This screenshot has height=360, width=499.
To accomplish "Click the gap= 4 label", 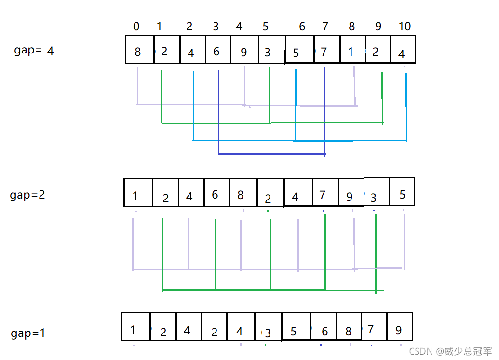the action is (x=34, y=51).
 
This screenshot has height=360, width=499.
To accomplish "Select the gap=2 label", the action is (x=27, y=195).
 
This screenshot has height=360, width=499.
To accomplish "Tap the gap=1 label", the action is (x=27, y=333).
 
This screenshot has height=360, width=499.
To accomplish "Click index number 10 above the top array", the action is (x=405, y=26).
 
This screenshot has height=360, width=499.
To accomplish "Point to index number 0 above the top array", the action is (x=136, y=26).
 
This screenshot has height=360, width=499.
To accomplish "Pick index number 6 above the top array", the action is (x=302, y=26).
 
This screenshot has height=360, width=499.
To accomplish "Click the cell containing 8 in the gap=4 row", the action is (x=140, y=50).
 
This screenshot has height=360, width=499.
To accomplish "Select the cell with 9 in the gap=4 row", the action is (x=244, y=50).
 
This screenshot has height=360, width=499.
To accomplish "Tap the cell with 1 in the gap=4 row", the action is (x=352, y=49).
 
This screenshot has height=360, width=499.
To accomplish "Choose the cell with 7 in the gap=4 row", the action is (x=327, y=49).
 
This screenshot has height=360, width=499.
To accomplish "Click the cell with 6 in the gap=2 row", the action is (x=216, y=192).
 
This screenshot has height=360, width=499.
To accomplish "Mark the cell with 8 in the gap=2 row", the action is (x=243, y=192).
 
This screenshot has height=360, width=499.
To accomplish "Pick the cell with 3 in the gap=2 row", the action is (x=377, y=192).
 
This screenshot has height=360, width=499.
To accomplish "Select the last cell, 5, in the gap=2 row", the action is (x=402, y=192).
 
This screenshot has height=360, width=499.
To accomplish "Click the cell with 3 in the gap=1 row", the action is (x=268, y=327).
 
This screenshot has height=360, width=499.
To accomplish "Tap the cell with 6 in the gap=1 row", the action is (x=323, y=326).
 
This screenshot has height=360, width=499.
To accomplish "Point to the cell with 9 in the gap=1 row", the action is (x=399, y=326).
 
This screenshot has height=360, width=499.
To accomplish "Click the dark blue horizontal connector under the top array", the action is (x=272, y=154).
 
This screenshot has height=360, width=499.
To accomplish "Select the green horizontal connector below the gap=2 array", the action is (x=273, y=290).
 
